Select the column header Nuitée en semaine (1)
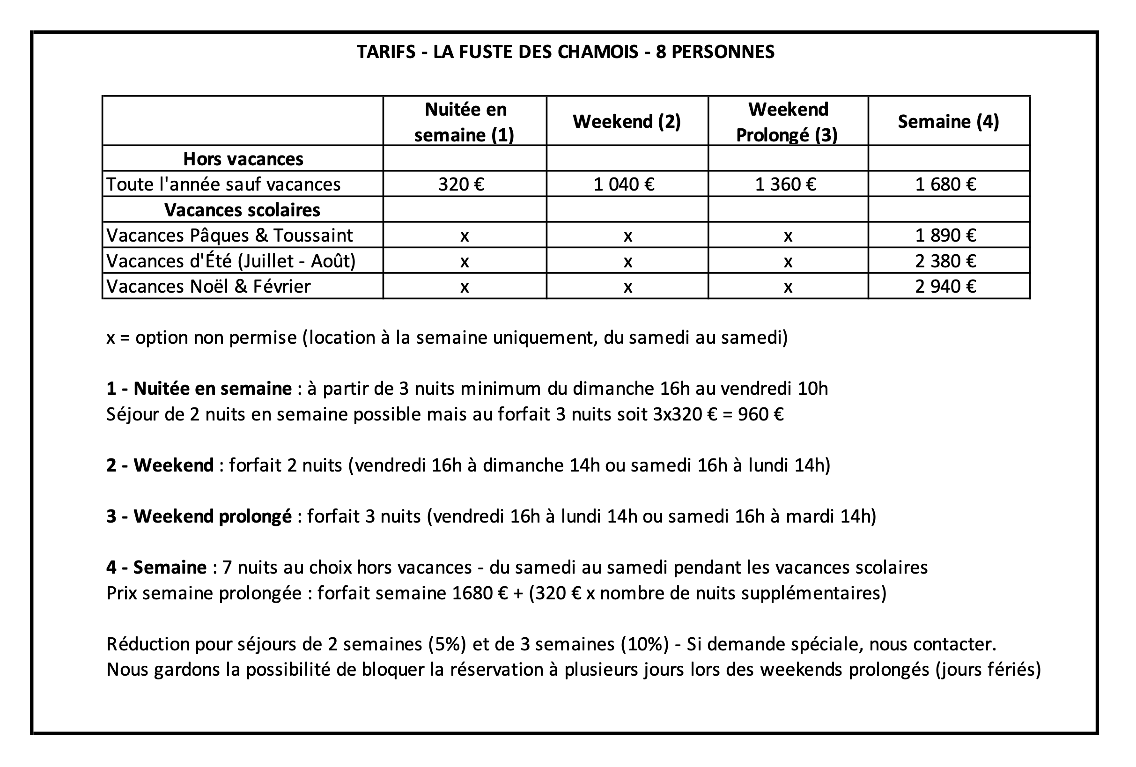(x=465, y=122)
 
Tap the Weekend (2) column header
(x=627, y=122)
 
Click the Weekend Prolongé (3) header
(x=788, y=122)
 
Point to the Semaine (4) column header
(x=948, y=122)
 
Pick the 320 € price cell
(x=461, y=184)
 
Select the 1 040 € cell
(x=624, y=184)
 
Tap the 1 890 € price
(x=945, y=236)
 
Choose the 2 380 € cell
(x=945, y=261)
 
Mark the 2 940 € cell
(x=945, y=287)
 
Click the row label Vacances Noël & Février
(x=208, y=287)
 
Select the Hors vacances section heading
(x=243, y=159)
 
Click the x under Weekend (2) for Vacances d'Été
(x=627, y=262)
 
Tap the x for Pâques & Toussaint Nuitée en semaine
(x=465, y=236)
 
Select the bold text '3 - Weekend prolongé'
(x=199, y=516)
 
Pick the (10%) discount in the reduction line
(x=644, y=644)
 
